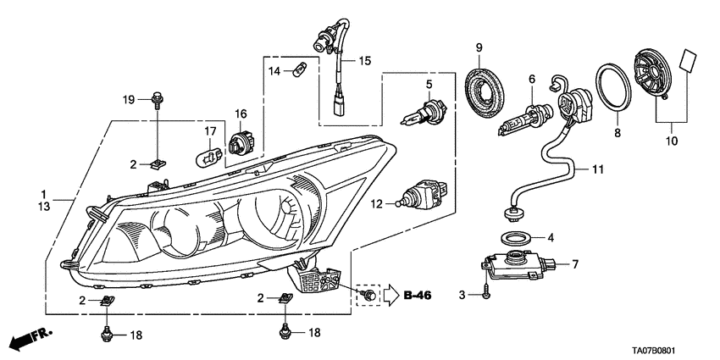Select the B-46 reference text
418,295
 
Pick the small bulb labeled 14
298,70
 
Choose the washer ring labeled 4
514,237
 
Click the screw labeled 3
488,294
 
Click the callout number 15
364,61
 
